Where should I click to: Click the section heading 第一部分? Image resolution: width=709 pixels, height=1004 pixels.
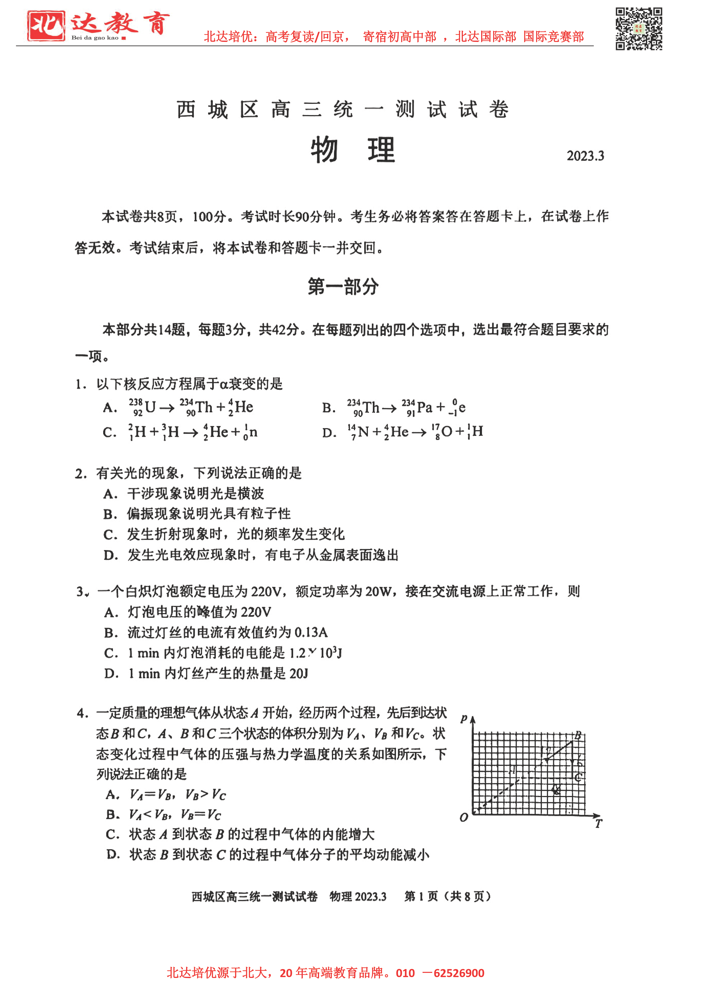[x=343, y=287]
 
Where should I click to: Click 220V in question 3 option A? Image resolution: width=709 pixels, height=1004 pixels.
[x=256, y=612]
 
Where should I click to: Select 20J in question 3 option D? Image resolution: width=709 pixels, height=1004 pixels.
[x=299, y=673]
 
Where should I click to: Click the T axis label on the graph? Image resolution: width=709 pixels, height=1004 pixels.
[x=598, y=823]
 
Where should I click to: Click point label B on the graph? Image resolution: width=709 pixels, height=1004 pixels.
[x=577, y=735]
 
